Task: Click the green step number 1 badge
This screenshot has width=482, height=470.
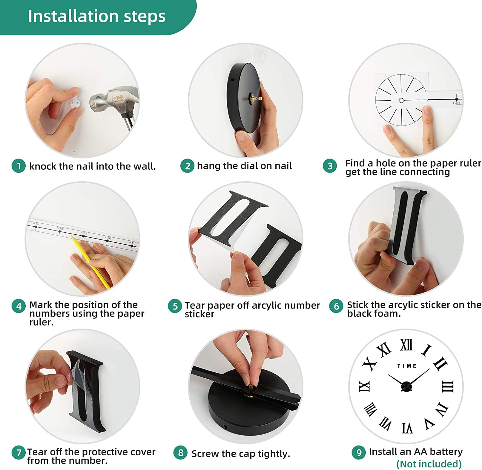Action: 19,166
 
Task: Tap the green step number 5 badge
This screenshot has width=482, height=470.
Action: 175,306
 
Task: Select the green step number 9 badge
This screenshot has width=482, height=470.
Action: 359,452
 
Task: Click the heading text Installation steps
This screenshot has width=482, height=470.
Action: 97,16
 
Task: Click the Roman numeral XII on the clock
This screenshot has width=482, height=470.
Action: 406,345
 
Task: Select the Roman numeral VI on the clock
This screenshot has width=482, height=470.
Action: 407,428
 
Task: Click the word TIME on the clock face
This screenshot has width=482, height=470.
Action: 407,366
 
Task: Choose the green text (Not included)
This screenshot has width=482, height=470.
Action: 429,464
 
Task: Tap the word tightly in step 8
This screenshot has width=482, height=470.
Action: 274,454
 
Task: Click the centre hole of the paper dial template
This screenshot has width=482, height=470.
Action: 401,100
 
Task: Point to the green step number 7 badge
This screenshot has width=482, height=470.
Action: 19,452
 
